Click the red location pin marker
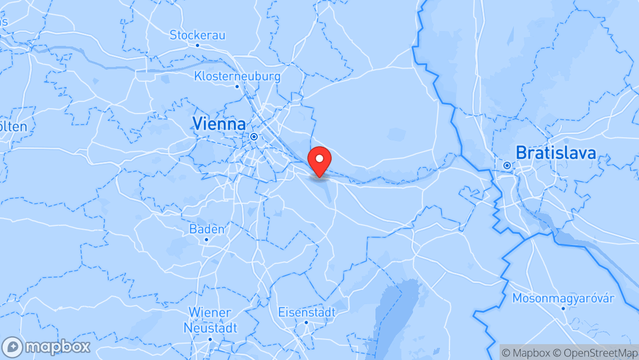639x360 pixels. pyautogui.click(x=319, y=160)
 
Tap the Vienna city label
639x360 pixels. pyautogui.click(x=219, y=124)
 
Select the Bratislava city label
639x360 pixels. pyautogui.click(x=556, y=153)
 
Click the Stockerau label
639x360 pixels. pyautogui.click(x=198, y=35)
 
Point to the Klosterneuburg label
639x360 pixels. pyautogui.click(x=237, y=76)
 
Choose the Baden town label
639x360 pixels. pyautogui.click(x=206, y=229)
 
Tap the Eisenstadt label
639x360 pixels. pyautogui.click(x=306, y=312)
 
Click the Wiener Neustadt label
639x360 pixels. pyautogui.click(x=210, y=320)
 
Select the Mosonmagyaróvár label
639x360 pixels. pyautogui.click(x=563, y=299)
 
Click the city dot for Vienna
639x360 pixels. pyautogui.click(x=254, y=136)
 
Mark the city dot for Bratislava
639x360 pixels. pyautogui.click(x=507, y=165)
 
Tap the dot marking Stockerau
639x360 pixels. pyautogui.click(x=198, y=45)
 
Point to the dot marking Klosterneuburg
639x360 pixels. pyautogui.click(x=237, y=86)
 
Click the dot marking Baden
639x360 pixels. pyautogui.click(x=206, y=239)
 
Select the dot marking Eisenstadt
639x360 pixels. pyautogui.click(x=306, y=322)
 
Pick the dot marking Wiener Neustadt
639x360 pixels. pyautogui.click(x=210, y=339)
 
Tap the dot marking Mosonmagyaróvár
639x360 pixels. pyautogui.click(x=563, y=308)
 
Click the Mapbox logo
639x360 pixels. pyautogui.click(x=46, y=347)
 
